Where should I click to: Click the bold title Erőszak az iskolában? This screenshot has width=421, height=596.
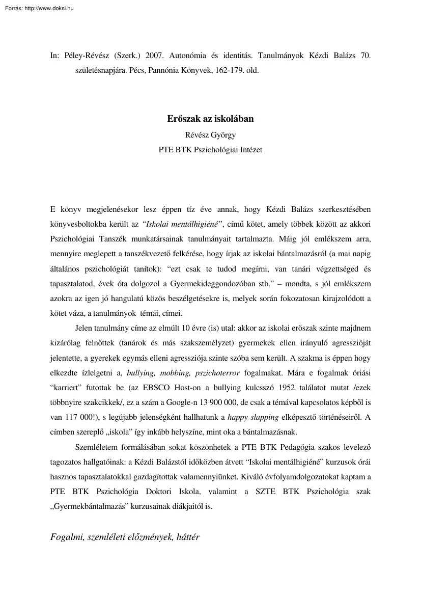210,119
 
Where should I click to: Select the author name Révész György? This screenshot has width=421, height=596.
210,135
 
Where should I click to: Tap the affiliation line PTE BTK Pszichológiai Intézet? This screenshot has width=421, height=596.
210,150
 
